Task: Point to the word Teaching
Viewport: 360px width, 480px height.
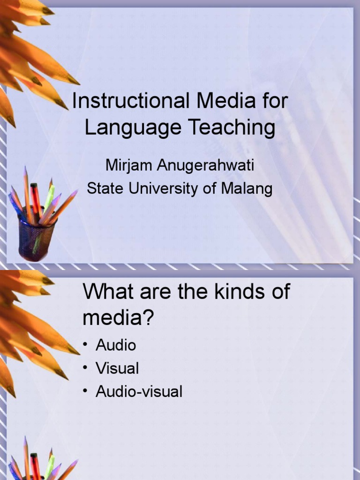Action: point(232,127)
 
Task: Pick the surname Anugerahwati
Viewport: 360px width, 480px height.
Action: point(205,165)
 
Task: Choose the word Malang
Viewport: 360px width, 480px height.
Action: point(247,189)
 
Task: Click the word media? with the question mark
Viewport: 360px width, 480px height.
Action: point(118,318)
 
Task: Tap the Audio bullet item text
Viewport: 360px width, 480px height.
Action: point(116,345)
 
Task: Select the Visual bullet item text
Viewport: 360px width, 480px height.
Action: point(117,368)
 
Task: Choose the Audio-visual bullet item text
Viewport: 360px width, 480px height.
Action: point(139,391)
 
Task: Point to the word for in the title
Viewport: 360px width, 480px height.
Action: point(275,100)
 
